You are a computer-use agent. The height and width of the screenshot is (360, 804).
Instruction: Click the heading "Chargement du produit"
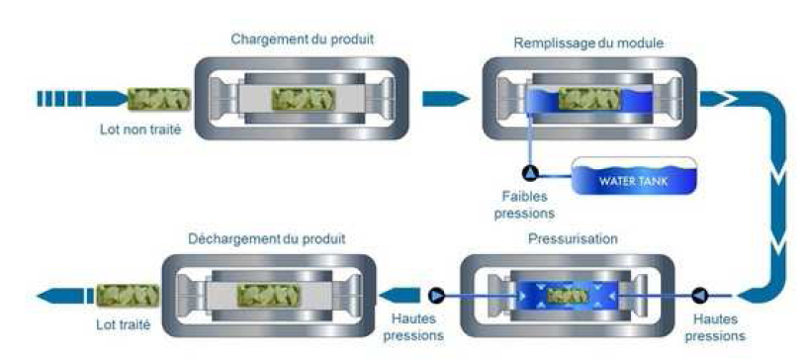[302, 39]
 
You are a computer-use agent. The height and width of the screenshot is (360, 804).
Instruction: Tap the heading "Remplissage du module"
[588, 44]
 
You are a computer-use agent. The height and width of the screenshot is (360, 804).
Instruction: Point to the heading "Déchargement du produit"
[267, 239]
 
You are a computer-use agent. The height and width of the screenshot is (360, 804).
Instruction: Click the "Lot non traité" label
[140, 130]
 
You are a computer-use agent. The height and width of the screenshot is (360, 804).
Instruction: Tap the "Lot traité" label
[123, 324]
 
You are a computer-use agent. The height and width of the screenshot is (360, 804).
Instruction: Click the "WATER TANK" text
[634, 182]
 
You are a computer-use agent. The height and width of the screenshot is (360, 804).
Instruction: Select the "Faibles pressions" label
[524, 205]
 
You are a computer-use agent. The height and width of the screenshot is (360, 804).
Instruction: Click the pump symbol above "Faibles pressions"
[530, 173]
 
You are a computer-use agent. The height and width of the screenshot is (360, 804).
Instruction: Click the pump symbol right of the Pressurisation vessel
[699, 295]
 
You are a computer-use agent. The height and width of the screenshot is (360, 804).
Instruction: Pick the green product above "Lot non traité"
[159, 99]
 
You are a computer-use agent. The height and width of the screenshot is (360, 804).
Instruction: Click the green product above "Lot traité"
[128, 296]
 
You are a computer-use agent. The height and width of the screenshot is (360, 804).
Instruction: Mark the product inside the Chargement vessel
[304, 99]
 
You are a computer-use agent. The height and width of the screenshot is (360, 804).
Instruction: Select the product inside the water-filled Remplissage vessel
[588, 99]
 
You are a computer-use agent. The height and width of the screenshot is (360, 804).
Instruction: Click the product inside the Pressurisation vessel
[568, 296]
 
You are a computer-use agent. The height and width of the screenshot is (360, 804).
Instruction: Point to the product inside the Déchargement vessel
[268, 296]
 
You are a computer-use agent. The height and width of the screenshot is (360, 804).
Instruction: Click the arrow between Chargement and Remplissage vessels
[445, 99]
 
